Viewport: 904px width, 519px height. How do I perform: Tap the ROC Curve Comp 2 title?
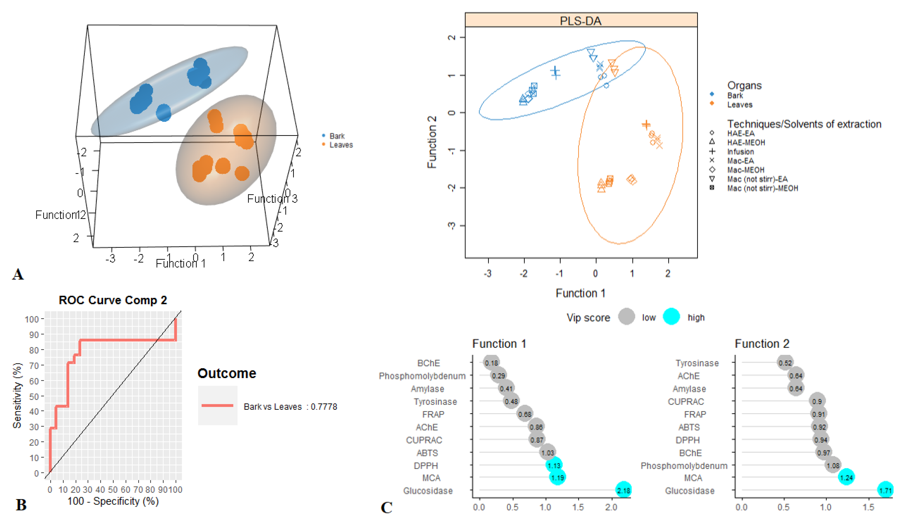tap(113, 300)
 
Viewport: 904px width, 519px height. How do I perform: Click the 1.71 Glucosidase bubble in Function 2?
tap(885, 490)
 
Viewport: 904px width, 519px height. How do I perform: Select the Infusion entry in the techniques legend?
tap(740, 151)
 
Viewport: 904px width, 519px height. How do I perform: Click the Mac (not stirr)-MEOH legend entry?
tap(763, 188)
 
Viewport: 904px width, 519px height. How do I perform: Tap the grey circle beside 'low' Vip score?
tap(626, 316)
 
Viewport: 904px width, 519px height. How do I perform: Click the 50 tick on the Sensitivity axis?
tap(34, 396)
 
